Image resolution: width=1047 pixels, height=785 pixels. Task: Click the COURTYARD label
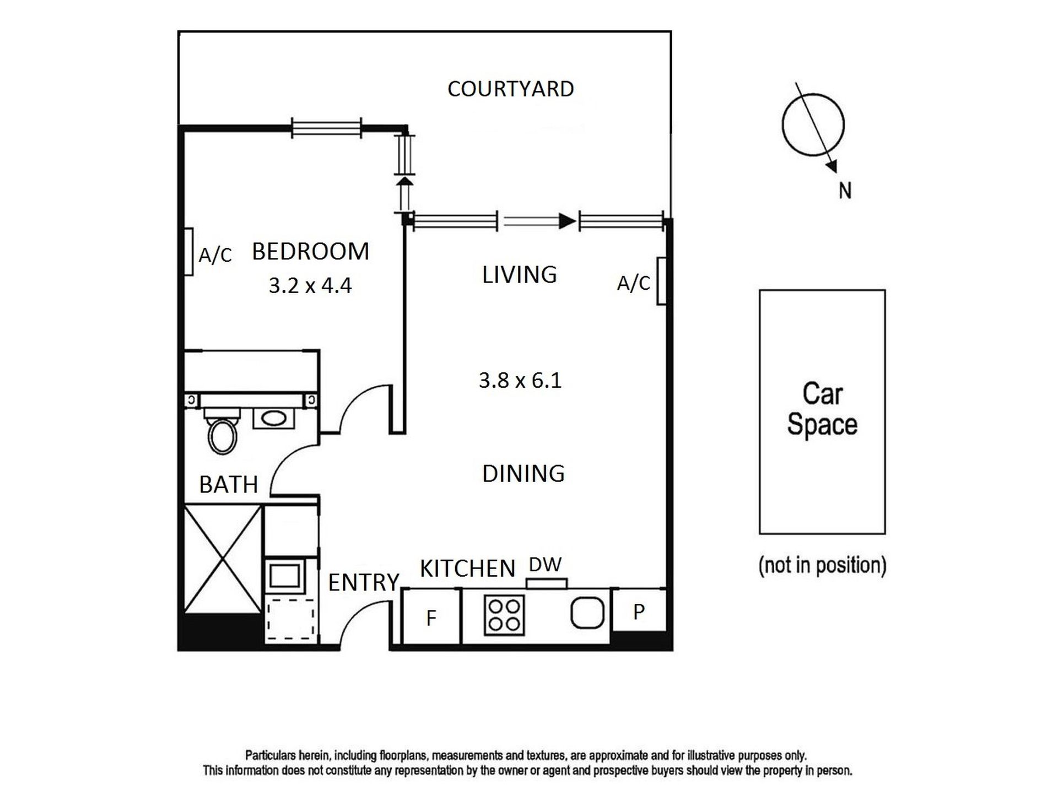pos(510,89)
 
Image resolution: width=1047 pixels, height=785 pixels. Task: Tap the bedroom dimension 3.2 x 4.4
pos(310,285)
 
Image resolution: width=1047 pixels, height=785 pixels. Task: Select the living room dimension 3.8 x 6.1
pos(520,380)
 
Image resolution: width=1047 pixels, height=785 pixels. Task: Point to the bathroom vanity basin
pos(274,418)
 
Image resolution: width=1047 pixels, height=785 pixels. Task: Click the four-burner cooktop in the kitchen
pos(504,615)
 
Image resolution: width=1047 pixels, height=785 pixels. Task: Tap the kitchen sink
pos(587,613)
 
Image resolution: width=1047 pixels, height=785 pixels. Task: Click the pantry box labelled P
pos(639,610)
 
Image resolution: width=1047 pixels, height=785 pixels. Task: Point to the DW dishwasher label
pos(545,564)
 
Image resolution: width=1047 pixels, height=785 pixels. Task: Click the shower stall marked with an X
pos(222,559)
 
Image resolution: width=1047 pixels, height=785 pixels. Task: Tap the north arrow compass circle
pos(813,124)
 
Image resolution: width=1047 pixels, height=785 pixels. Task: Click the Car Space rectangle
pos(822,412)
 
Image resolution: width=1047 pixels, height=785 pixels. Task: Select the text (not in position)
pos(822,565)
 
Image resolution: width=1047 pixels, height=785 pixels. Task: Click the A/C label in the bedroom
pos(215,255)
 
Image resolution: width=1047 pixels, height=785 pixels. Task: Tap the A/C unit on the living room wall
pos(662,281)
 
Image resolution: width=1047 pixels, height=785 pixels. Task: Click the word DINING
pos(523,474)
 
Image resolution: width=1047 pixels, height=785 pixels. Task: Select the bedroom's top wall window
pos(326,128)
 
